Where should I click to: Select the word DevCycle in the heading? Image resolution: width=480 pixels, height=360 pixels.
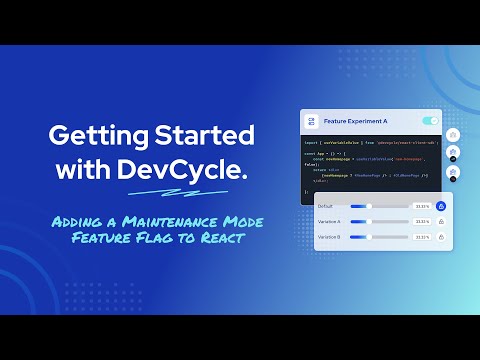tap(200, 171)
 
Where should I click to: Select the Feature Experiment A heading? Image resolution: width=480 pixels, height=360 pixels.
tap(350, 121)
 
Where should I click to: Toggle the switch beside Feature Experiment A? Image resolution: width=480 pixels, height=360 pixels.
tap(430, 121)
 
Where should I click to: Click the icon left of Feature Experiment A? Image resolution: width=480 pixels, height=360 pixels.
tap(313, 121)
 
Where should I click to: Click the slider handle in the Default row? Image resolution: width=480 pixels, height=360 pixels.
tap(370, 206)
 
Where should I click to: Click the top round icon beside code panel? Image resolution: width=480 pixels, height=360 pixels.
tap(453, 134)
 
